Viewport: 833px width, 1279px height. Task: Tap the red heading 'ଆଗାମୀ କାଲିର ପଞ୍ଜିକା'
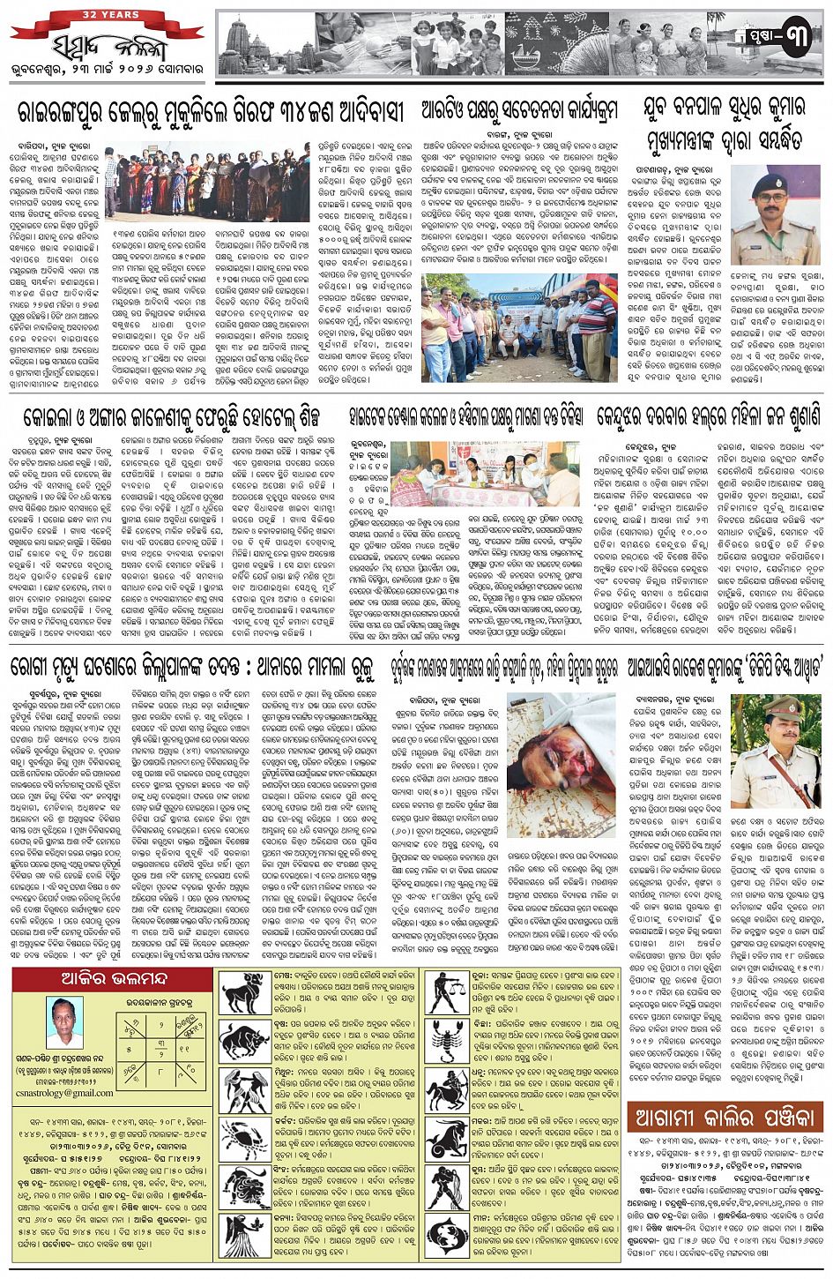coord(725,1118)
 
